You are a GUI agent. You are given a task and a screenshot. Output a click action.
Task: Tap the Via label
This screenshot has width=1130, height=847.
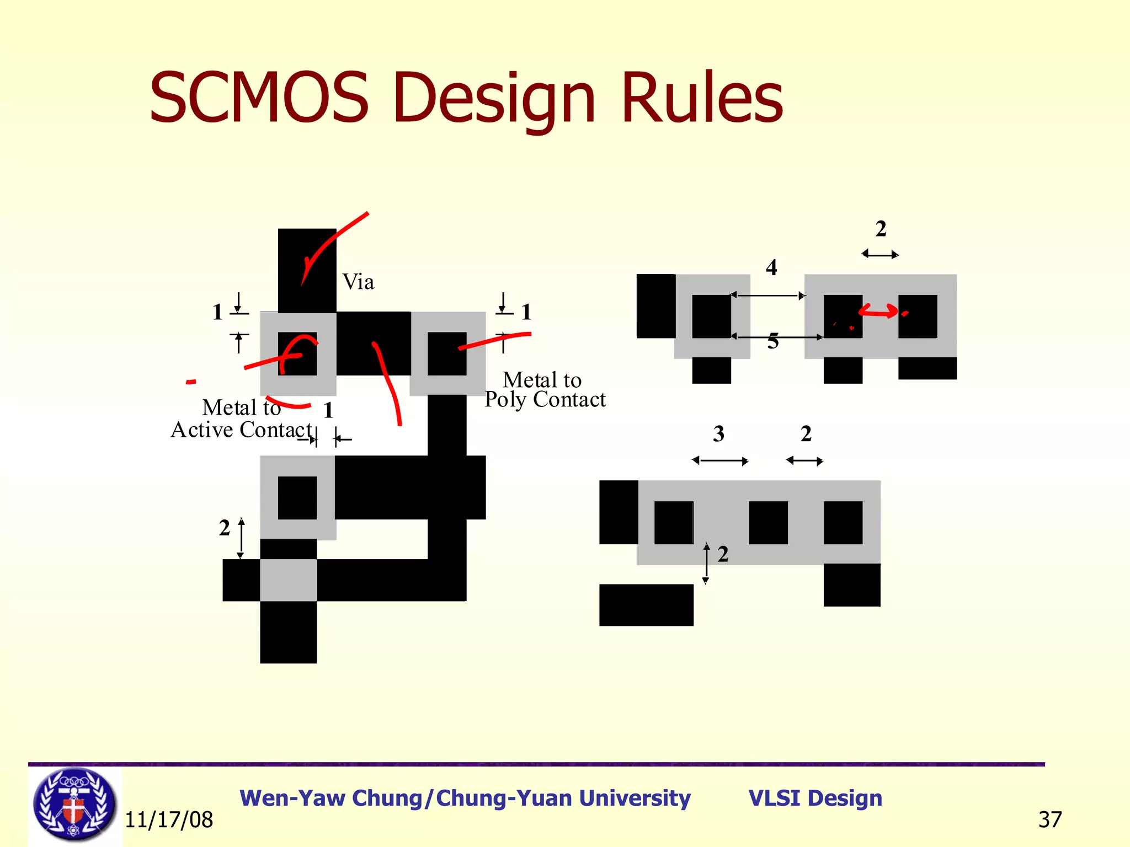click(x=358, y=282)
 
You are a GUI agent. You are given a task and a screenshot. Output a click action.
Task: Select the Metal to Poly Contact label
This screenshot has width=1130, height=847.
click(x=545, y=390)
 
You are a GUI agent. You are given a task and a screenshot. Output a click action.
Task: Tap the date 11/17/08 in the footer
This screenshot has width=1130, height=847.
click(x=169, y=820)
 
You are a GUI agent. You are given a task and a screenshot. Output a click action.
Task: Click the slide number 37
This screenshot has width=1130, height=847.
click(x=1049, y=820)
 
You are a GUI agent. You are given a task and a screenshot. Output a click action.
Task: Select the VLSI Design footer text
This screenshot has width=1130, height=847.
click(x=815, y=798)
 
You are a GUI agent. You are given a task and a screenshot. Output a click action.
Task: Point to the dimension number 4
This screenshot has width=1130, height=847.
click(x=771, y=268)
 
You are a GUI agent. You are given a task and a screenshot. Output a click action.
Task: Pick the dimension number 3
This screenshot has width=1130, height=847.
click(x=718, y=434)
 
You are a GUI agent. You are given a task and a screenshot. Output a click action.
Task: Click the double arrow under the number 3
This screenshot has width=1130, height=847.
click(x=720, y=461)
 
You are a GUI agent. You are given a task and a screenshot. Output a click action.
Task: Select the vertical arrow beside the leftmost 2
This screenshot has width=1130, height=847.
click(x=241, y=538)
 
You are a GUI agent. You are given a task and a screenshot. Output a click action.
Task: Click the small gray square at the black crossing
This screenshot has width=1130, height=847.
click(x=289, y=580)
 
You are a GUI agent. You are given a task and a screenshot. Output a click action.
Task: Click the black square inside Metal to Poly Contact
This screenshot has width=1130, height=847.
click(x=447, y=353)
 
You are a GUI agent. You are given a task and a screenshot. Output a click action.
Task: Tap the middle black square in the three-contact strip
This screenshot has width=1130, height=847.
click(x=768, y=522)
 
